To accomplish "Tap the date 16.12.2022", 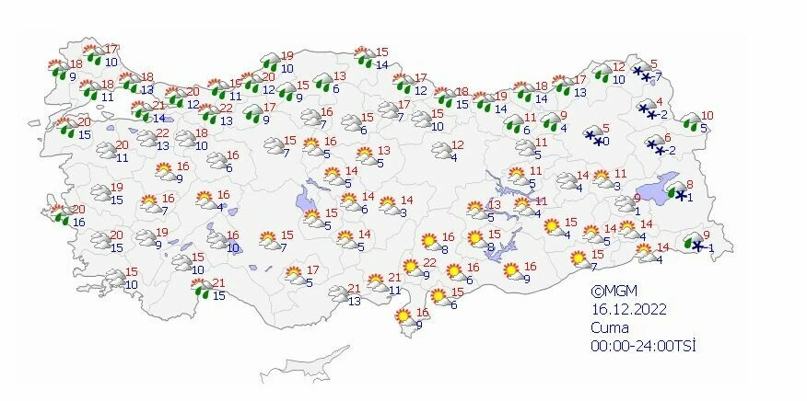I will [x=628, y=309].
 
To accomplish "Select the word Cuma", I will [x=610, y=327].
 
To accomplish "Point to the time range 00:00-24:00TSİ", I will [x=643, y=346].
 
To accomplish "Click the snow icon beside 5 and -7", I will [x=641, y=70].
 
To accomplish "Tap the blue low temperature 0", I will [x=605, y=142].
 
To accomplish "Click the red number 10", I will [x=708, y=116].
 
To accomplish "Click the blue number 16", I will [x=79, y=223].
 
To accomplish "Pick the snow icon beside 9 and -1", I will [x=693, y=244].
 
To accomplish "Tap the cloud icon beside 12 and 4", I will [x=440, y=151].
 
